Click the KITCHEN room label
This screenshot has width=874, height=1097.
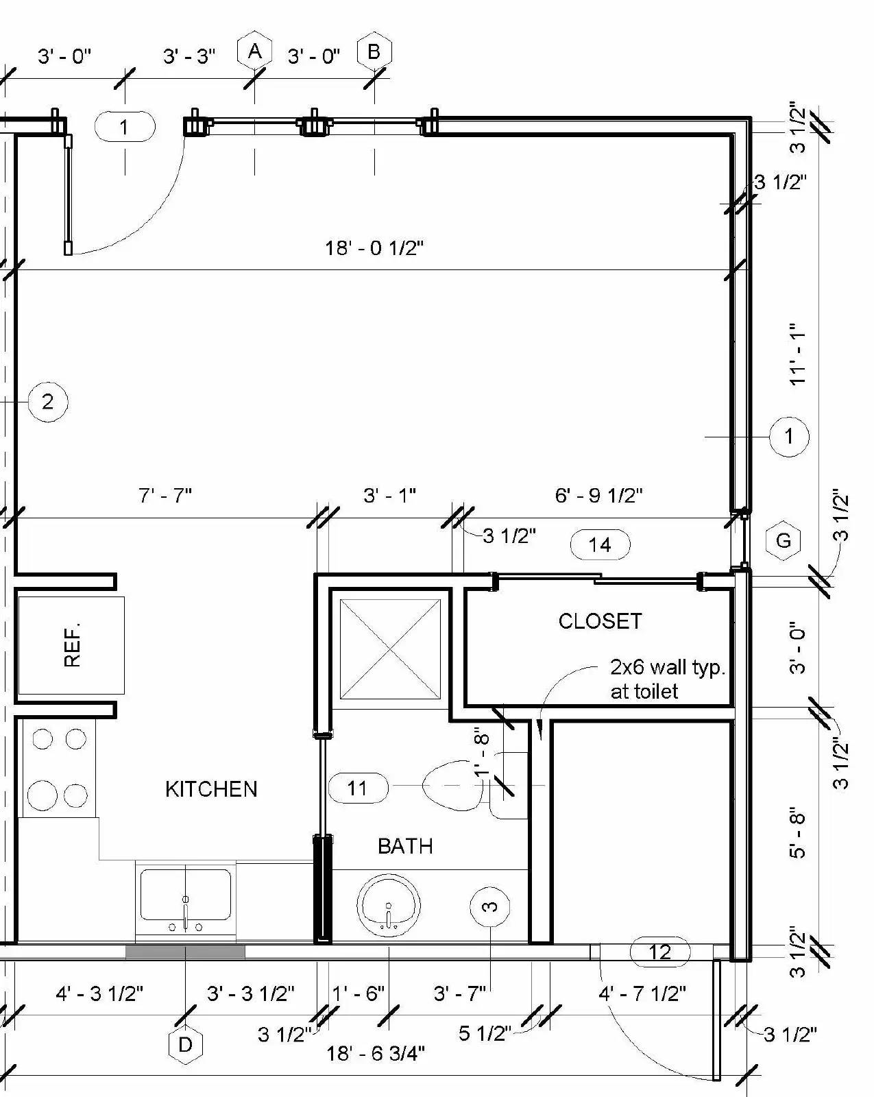(x=211, y=788)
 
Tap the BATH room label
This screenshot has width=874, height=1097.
(x=405, y=846)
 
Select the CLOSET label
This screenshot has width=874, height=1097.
(x=600, y=621)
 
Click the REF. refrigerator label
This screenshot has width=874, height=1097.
(x=73, y=644)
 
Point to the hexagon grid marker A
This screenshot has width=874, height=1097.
(x=254, y=51)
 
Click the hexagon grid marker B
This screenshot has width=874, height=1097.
(x=374, y=51)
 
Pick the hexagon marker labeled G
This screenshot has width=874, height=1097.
(x=784, y=540)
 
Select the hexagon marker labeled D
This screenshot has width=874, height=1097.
(x=185, y=1044)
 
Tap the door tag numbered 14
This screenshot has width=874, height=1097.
(x=600, y=544)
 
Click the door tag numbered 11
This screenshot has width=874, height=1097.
(x=358, y=788)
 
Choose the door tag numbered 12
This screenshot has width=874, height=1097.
(x=660, y=951)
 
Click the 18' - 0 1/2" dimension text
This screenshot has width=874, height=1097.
(x=374, y=248)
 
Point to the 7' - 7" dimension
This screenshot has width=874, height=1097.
(x=165, y=495)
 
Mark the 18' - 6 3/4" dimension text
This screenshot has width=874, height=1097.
(x=376, y=1052)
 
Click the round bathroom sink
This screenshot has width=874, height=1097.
(x=389, y=906)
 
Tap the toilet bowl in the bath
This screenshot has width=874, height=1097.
(x=453, y=786)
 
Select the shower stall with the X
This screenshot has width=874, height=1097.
(x=390, y=649)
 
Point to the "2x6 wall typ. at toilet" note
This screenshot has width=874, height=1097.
(x=667, y=679)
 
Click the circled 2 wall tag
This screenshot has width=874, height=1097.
(x=47, y=402)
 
